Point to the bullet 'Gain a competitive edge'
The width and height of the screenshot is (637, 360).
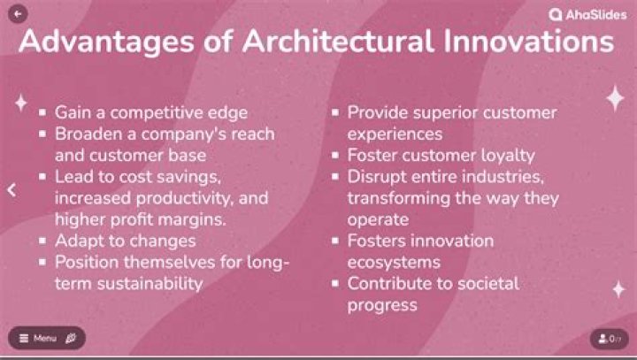pos(150,113)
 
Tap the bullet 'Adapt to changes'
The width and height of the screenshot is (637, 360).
pos(125,241)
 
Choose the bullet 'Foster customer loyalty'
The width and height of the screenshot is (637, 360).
pos(441,156)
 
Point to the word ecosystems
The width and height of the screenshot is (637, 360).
pos(394,262)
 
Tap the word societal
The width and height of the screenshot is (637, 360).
pos(487,283)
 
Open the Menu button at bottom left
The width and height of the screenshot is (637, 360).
pos(47,338)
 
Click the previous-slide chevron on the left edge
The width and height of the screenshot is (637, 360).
pos(12,189)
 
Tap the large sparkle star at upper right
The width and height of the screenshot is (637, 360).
pos(614,98)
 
